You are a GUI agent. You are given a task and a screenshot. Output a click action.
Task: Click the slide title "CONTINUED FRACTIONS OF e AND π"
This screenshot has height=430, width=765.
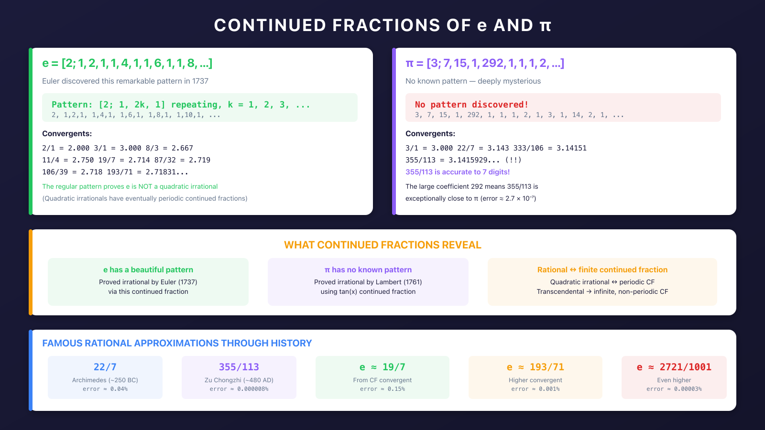click(382, 25)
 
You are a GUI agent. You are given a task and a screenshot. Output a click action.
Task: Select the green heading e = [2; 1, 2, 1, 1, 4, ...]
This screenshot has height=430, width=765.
click(127, 63)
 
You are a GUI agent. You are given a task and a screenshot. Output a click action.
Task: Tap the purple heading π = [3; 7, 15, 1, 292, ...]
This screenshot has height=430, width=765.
click(485, 63)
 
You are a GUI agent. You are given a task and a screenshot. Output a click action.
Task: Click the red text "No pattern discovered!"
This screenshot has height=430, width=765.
click(471, 105)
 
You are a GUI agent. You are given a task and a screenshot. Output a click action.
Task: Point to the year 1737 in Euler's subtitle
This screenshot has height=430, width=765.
click(200, 81)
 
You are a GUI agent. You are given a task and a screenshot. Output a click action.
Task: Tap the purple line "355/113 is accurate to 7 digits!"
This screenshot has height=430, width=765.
click(458, 172)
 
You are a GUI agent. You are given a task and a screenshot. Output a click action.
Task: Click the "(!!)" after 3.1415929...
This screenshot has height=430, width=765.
click(513, 160)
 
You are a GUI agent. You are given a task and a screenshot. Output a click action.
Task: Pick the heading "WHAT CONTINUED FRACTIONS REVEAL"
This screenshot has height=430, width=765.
click(382, 245)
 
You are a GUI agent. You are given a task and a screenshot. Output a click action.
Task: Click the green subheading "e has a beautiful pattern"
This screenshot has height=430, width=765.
click(148, 270)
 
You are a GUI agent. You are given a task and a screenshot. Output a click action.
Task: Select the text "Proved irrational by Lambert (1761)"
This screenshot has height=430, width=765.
click(368, 282)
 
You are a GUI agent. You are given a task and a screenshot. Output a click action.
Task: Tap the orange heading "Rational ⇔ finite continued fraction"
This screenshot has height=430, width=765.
click(602, 270)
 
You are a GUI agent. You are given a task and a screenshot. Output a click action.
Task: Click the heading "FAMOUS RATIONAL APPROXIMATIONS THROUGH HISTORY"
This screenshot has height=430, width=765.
click(177, 343)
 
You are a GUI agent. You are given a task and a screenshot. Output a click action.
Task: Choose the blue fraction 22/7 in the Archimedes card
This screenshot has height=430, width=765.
click(105, 367)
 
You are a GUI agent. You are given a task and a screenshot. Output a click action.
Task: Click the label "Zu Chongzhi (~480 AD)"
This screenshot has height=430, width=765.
click(239, 380)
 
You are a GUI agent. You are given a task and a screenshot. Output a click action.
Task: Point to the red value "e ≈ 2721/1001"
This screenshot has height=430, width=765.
click(674, 367)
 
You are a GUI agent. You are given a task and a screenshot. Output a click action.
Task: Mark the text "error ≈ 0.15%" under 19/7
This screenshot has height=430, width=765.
click(382, 389)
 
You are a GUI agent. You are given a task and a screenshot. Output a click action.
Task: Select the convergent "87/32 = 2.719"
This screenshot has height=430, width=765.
click(182, 160)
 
